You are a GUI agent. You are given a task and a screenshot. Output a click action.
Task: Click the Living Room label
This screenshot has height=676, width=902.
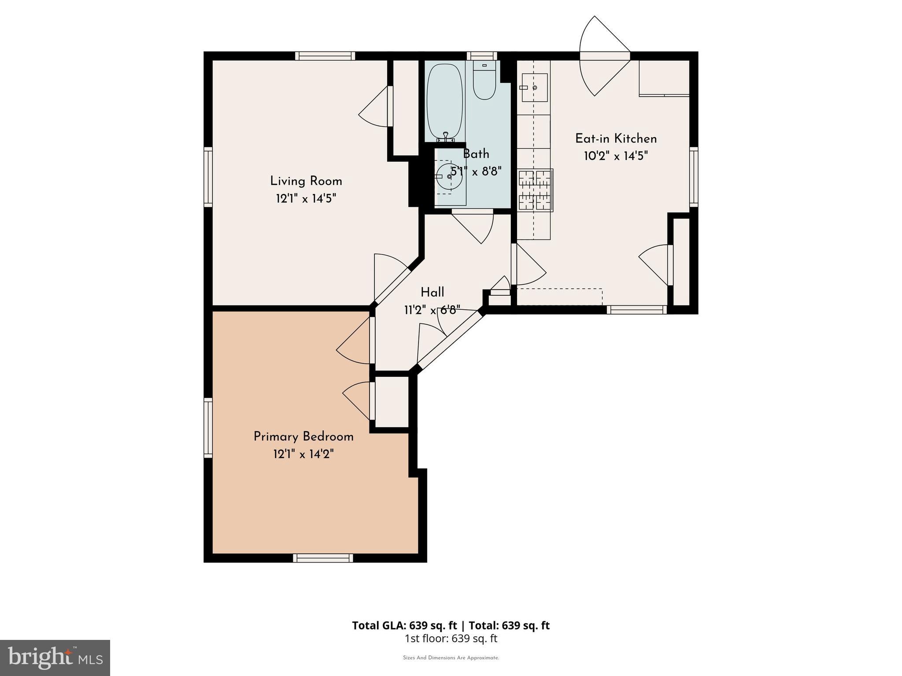(306, 181)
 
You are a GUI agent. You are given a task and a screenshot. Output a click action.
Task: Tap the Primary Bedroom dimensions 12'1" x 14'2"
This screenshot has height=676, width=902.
(303, 454)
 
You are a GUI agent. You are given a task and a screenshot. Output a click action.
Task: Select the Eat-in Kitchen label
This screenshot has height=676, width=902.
(616, 139)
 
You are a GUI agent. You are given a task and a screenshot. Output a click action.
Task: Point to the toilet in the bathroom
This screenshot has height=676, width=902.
(484, 81)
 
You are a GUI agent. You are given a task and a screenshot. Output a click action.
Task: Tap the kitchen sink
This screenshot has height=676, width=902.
(534, 88)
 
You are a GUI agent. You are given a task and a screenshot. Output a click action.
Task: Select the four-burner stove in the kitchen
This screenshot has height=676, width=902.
(536, 190)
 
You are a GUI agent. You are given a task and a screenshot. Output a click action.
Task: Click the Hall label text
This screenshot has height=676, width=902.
(432, 292)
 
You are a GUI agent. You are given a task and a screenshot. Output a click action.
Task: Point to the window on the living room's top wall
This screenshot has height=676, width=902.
(325, 56)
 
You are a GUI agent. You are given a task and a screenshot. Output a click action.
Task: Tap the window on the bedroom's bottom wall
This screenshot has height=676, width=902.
(323, 558)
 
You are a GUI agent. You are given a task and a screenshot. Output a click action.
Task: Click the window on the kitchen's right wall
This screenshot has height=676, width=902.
(694, 177)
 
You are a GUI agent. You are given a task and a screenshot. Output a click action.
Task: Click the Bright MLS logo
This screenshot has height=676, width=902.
(55, 658)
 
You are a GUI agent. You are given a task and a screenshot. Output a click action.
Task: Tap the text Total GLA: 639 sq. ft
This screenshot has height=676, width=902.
(405, 625)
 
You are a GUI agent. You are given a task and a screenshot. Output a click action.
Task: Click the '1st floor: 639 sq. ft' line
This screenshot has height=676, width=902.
(451, 639)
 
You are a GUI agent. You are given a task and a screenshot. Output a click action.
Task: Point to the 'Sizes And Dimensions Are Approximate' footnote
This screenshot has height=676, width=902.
(451, 658)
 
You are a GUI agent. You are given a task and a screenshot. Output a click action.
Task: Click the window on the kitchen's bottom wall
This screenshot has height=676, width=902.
(636, 310)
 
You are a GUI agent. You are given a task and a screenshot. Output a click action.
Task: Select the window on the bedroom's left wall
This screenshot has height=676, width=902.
(208, 428)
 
